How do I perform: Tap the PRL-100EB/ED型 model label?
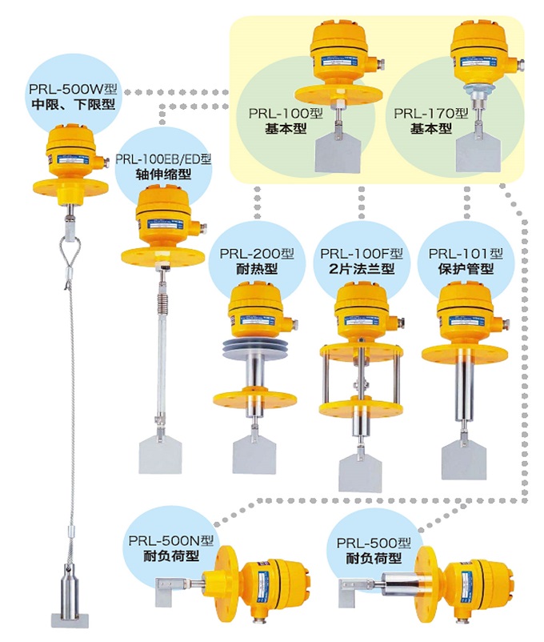click(x=163, y=158)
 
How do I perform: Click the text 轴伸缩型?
click(x=163, y=174)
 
